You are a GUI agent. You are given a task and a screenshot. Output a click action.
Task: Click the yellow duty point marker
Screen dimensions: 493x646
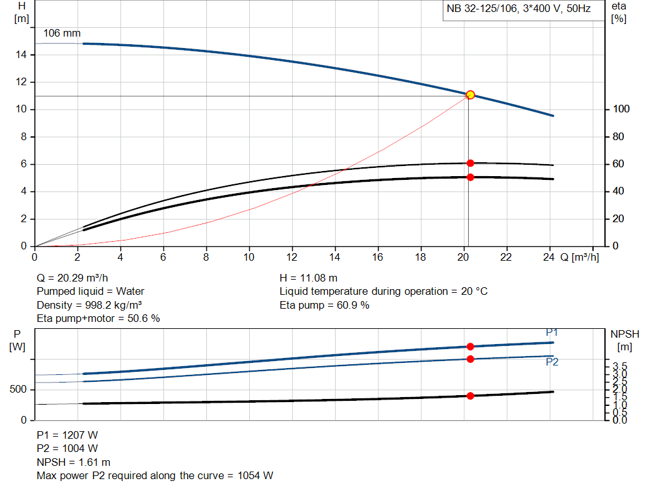(x=470, y=95)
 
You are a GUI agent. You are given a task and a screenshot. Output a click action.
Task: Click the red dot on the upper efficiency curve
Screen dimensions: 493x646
(x=470, y=163)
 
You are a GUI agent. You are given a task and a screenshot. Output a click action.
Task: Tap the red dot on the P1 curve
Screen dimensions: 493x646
(x=470, y=346)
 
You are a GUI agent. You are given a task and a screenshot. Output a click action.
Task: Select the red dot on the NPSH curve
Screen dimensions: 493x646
(x=470, y=396)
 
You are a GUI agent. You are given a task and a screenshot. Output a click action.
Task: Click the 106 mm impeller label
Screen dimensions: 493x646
(x=62, y=33)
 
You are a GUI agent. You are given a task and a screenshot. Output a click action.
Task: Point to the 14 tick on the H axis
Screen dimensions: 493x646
(x=21, y=55)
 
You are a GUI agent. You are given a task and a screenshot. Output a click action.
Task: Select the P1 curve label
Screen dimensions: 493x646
(x=552, y=333)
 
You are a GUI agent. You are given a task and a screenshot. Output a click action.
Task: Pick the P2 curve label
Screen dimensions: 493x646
(x=552, y=362)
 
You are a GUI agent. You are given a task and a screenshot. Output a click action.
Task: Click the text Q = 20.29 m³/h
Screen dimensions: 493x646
(x=76, y=278)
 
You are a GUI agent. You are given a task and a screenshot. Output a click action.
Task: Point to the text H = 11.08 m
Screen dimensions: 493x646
(x=308, y=278)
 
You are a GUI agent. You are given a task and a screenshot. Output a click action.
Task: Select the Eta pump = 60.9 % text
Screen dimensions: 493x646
(x=324, y=305)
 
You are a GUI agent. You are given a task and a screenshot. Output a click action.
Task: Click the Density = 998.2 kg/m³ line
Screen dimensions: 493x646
(x=89, y=305)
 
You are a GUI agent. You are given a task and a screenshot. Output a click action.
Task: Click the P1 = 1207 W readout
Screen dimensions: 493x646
(x=68, y=435)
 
